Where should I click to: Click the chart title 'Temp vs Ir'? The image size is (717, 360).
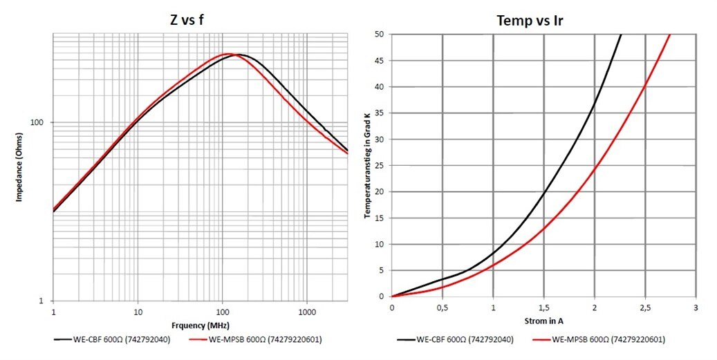pyautogui.click(x=530, y=20)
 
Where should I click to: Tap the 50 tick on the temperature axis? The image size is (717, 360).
pyautogui.click(x=379, y=35)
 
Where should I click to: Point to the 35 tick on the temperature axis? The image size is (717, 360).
pyautogui.click(x=379, y=113)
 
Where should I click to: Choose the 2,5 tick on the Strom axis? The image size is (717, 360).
pyautogui.click(x=645, y=306)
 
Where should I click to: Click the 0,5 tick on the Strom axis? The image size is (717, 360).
pyautogui.click(x=443, y=306)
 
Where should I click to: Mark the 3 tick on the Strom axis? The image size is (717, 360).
pyautogui.click(x=696, y=306)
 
